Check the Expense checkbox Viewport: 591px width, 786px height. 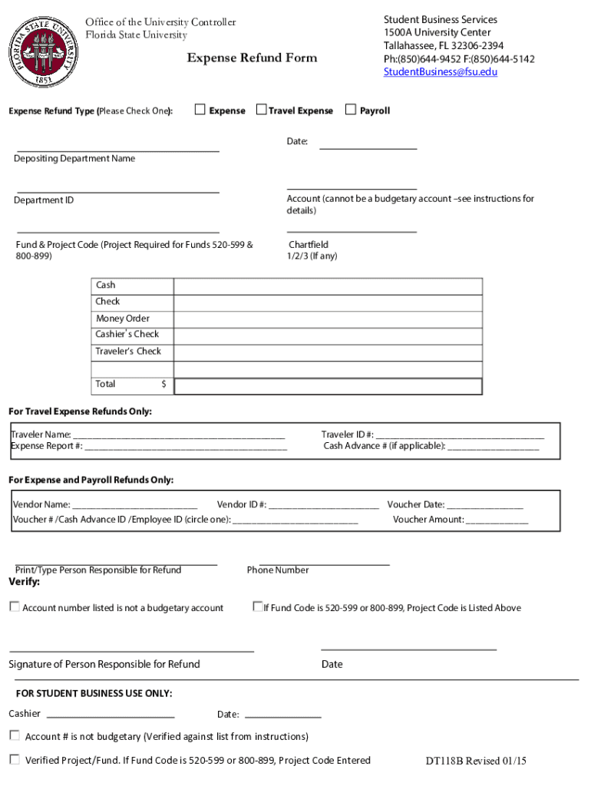pyautogui.click(x=200, y=110)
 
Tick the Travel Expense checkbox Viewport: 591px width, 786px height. pyautogui.click(x=261, y=110)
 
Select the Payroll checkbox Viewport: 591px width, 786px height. pyautogui.click(x=351, y=110)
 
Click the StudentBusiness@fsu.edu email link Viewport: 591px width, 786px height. pyautogui.click(x=441, y=72)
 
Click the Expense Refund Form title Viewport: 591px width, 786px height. pyautogui.click(x=252, y=58)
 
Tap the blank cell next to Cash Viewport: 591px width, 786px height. pyautogui.click(x=329, y=286)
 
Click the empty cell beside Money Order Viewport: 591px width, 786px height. pyautogui.click(x=329, y=319)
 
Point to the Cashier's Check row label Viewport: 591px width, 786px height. pyautogui.click(x=127, y=335)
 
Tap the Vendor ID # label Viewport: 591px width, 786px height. pyautogui.click(x=242, y=505)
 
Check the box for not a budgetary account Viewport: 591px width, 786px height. pyautogui.click(x=15, y=607)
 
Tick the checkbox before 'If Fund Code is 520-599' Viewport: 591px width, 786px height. pyautogui.click(x=258, y=606)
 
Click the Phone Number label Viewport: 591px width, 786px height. pyautogui.click(x=278, y=570)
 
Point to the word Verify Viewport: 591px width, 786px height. pyautogui.click(x=24, y=583)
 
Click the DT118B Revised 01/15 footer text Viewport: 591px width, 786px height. pyautogui.click(x=476, y=761)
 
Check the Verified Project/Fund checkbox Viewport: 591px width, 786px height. pyautogui.click(x=15, y=760)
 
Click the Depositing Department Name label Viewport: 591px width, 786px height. pyautogui.click(x=74, y=159)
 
